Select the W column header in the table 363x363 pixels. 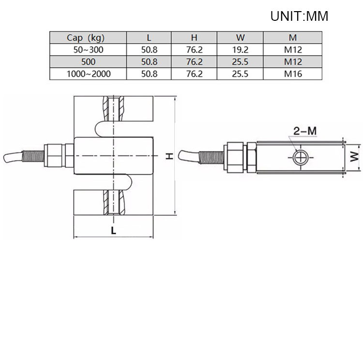(240, 37)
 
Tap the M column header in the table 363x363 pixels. (292, 37)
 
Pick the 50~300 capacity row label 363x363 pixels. (88, 49)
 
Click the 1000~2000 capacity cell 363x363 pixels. (88, 74)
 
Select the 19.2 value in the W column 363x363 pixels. (240, 49)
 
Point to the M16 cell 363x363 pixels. (292, 74)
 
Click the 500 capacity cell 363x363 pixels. (88, 62)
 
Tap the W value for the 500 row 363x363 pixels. (240, 62)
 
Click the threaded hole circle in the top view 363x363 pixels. (299, 157)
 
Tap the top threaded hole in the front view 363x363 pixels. (114, 109)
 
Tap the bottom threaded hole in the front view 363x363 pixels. (114, 203)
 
